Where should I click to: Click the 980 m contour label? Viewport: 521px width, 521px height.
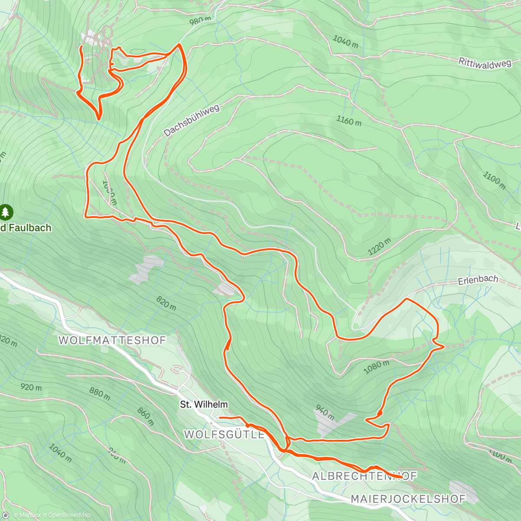tap(200, 20)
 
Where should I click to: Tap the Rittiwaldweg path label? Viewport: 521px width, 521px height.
tap(485, 63)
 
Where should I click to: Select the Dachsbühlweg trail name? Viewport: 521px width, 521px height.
tap(192, 121)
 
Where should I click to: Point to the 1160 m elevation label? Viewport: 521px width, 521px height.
tap(349, 120)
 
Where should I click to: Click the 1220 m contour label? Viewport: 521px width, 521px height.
tap(379, 247)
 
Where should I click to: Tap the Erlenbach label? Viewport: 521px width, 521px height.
tap(478, 280)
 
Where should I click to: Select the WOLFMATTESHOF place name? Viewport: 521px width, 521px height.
tap(112, 340)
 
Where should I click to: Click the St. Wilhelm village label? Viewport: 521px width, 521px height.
tap(204, 405)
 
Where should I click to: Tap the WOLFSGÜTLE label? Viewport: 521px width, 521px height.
tap(224, 434)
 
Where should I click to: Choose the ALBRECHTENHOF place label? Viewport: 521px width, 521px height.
tap(364, 476)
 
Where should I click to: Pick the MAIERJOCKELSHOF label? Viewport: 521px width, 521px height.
tap(408, 499)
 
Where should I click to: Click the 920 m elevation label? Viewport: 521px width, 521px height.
tap(31, 386)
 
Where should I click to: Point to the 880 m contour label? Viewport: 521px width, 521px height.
tap(99, 392)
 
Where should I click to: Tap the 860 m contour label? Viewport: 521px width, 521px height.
tap(145, 416)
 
